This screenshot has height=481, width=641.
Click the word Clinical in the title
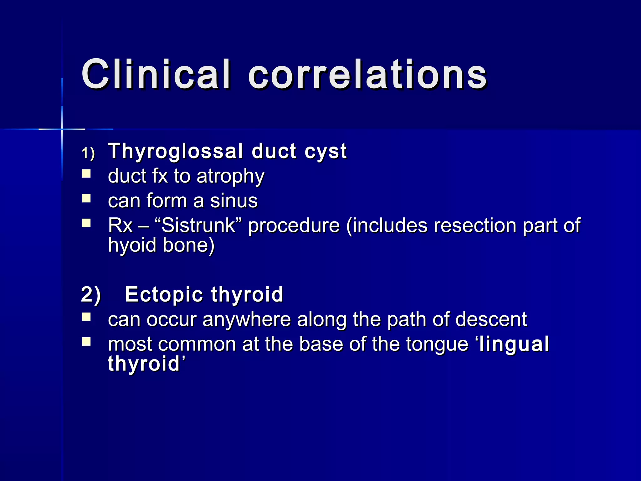[x=156, y=75]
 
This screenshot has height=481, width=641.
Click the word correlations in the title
[x=367, y=75]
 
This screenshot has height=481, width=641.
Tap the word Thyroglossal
[x=175, y=152]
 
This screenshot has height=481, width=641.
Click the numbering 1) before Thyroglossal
[x=88, y=153]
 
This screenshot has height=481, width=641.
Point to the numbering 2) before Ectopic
[x=91, y=295]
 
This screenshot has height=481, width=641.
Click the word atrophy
[x=230, y=177]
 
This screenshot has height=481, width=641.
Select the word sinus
[x=234, y=201]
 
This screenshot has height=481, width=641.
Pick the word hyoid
[x=132, y=245]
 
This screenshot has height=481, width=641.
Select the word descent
[x=491, y=320]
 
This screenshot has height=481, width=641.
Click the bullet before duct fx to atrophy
[x=86, y=174]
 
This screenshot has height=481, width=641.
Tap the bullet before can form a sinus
[x=86, y=199]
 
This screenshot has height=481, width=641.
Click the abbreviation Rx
[x=120, y=225]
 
